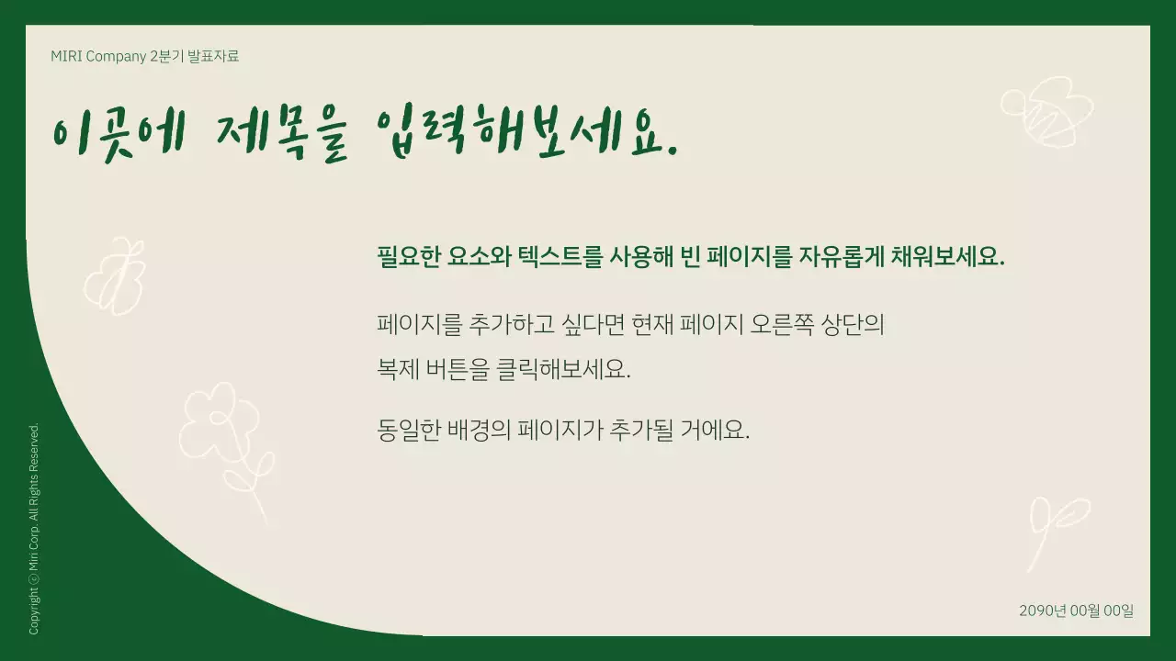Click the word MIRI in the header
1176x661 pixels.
click(x=66, y=56)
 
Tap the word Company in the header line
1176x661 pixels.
click(x=116, y=56)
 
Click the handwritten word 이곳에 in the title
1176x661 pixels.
click(x=120, y=135)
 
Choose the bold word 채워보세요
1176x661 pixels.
click(x=948, y=256)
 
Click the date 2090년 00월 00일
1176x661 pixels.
click(x=1076, y=611)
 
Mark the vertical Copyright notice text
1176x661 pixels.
click(x=35, y=529)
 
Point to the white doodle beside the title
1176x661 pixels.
click(x=1047, y=110)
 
